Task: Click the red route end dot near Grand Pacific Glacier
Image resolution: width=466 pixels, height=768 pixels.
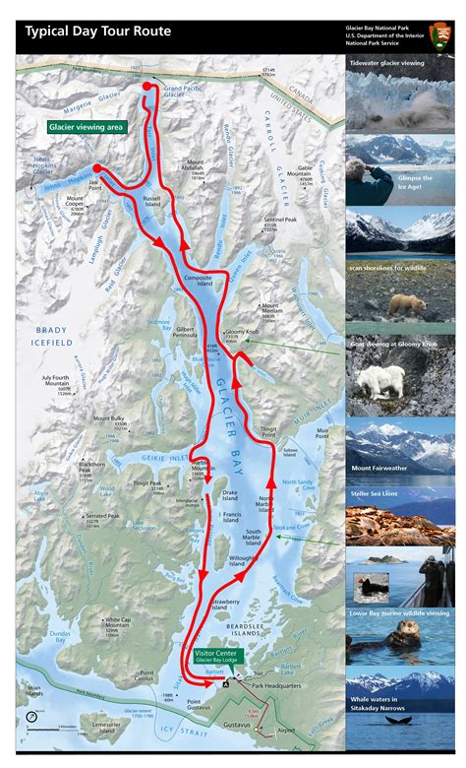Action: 148,88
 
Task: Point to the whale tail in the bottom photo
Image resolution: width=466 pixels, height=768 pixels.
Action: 398,746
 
